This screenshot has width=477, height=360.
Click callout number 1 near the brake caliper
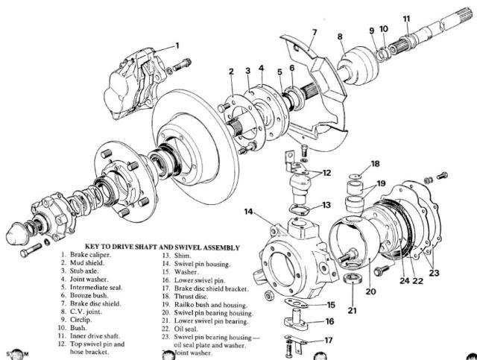tap(177, 45)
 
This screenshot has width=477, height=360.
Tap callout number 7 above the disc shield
tap(315, 33)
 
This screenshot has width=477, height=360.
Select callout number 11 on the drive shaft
tap(406, 17)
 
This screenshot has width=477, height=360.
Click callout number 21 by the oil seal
tap(352, 310)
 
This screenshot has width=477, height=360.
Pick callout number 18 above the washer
tap(375, 163)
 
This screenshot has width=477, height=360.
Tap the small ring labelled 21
tap(355, 282)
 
